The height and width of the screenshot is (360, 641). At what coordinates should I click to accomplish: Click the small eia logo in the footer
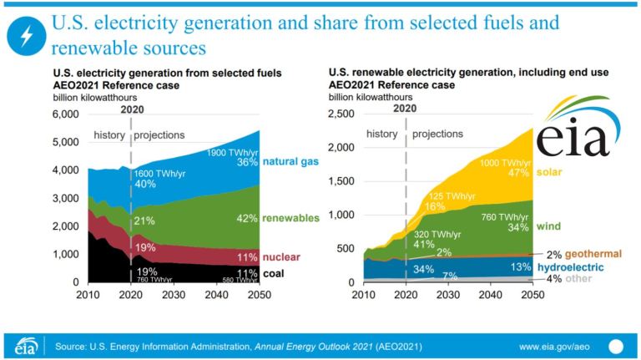coord(26,345)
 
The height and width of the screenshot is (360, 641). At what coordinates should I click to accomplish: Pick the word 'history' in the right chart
coord(382,134)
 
